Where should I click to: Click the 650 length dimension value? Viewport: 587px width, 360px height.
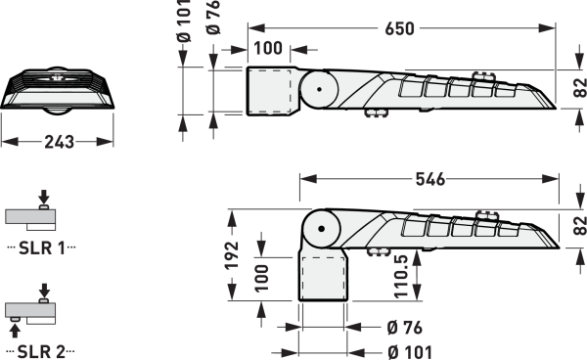399,28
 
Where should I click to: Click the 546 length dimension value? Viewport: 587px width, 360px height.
430,180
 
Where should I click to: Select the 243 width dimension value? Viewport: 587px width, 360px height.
60,142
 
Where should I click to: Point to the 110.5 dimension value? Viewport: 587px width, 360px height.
401,276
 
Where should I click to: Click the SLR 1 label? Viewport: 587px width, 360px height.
41,247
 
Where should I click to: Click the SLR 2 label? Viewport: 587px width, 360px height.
41,351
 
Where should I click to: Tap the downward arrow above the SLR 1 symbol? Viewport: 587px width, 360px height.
44,196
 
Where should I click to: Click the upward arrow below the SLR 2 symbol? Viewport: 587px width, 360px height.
15,332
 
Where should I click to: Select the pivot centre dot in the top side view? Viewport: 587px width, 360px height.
319,89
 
